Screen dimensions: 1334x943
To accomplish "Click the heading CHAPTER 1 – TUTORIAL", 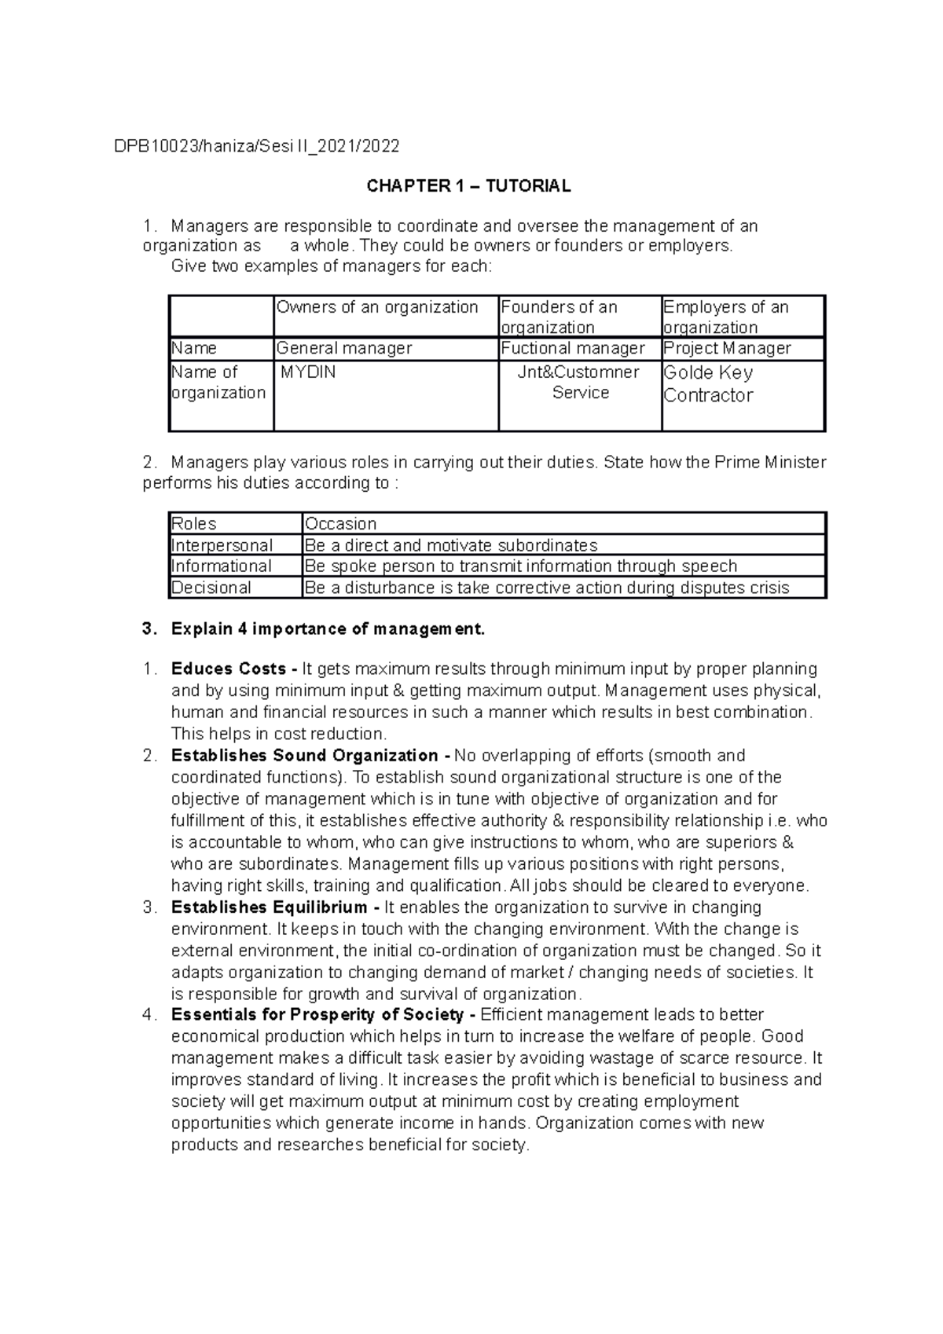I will tap(468, 186).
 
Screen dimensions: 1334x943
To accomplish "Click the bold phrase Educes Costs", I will tap(228, 669).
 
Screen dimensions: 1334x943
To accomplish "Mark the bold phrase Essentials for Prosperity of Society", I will tap(317, 1015).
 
